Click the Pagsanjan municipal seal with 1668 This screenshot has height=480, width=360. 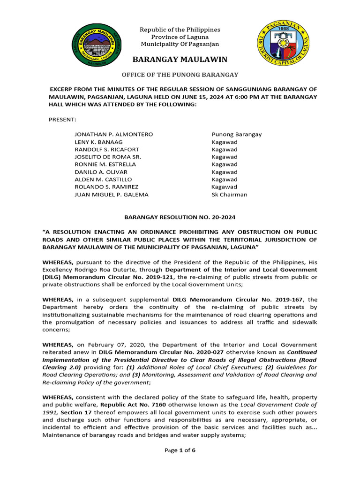click(283, 45)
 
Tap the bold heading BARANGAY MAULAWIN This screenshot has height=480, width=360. click(180, 60)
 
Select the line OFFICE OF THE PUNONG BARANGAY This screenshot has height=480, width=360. click(180, 75)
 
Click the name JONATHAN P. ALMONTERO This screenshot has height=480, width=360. click(114, 135)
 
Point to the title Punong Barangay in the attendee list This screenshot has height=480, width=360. click(237, 135)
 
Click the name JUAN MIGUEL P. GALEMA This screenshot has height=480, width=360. click(112, 195)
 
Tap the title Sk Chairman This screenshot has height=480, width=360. click(229, 195)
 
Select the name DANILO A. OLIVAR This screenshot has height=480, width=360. click(101, 172)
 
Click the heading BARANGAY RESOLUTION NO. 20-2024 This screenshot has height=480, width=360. click(180, 217)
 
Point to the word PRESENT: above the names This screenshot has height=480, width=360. click(62, 120)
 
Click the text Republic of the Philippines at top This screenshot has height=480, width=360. click(180, 30)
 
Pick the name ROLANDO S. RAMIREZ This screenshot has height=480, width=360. click(106, 187)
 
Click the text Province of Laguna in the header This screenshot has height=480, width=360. click(180, 37)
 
